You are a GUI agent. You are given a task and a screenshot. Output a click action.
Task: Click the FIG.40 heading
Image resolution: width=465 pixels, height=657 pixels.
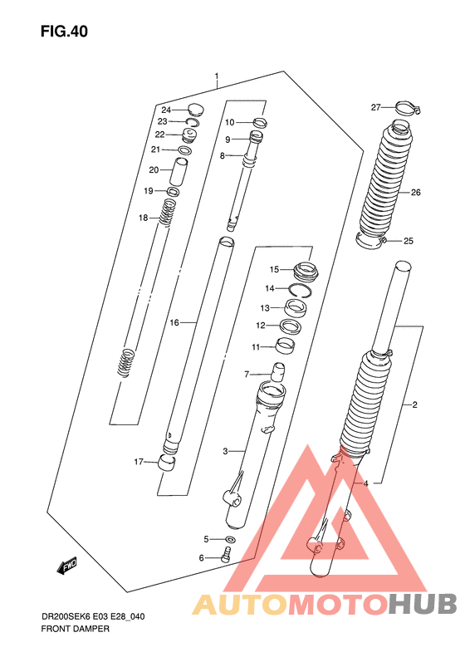[x=64, y=32]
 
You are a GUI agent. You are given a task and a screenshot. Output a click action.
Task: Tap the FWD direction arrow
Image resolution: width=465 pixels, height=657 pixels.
[x=67, y=566]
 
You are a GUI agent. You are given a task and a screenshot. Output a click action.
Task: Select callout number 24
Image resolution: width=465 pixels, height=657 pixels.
[x=166, y=110]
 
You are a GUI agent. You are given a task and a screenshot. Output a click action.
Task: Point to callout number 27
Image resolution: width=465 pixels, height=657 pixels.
[x=376, y=107]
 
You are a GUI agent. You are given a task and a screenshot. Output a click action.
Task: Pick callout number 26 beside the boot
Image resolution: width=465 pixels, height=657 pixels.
[x=415, y=193]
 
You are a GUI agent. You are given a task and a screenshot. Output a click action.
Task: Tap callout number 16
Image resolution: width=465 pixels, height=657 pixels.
[x=174, y=322]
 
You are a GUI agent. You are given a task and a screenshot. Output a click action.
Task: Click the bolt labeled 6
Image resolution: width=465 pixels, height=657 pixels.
[x=226, y=555]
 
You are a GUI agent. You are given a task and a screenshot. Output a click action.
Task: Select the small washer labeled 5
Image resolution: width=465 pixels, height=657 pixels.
[x=229, y=539]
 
